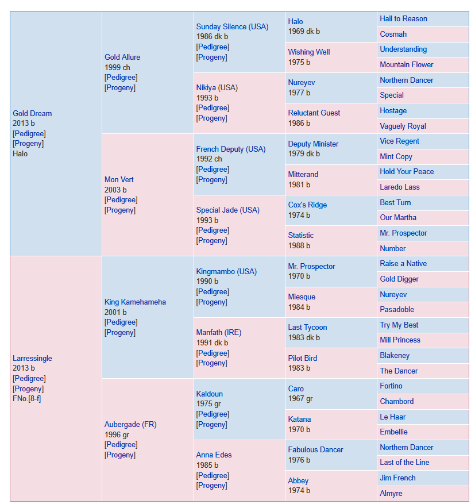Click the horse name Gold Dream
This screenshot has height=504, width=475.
click(32, 113)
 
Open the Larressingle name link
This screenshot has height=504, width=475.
click(32, 359)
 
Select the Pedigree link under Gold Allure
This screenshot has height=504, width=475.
click(121, 78)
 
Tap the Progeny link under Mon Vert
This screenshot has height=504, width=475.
click(120, 210)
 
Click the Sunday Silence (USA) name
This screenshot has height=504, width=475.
click(232, 26)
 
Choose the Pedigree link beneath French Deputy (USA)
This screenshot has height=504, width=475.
click(213, 170)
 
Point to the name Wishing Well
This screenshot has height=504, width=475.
click(309, 52)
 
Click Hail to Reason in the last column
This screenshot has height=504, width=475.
click(403, 18)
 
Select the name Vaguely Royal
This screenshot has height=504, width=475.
click(403, 126)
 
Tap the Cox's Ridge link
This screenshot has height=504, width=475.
click(307, 205)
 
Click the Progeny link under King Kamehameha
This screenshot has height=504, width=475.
click(120, 332)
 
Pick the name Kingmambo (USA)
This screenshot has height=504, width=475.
click(226, 272)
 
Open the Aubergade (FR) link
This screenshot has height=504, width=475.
click(130, 425)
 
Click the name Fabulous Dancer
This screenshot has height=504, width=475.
click(315, 449)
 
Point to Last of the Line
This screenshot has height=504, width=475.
click(404, 463)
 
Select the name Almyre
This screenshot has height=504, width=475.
click(391, 494)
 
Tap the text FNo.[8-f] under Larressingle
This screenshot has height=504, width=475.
click(26, 399)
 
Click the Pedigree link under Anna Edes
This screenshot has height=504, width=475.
click(213, 475)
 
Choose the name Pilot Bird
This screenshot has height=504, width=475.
click(302, 359)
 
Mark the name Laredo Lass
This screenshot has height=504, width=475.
click(400, 187)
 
